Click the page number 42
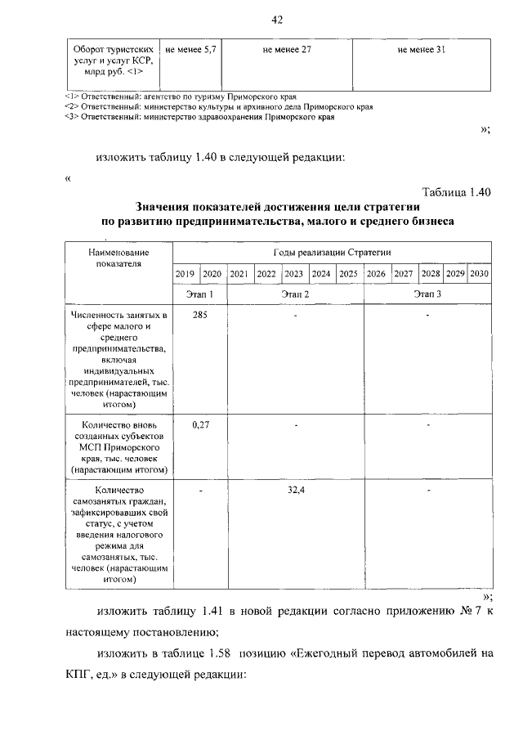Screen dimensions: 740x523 point(277,20)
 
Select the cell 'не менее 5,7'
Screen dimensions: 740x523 point(190,51)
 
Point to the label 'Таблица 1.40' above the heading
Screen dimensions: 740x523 point(455,193)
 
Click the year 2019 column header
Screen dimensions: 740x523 point(186,274)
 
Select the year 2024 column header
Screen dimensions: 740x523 point(321,274)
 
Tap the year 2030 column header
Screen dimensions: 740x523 point(480,274)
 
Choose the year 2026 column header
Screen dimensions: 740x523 point(377,274)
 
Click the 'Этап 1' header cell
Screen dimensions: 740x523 point(199,294)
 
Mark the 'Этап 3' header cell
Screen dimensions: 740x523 point(427,294)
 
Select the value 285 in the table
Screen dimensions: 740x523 point(199,315)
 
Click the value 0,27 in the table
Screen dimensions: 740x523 point(199,424)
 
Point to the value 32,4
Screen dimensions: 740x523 point(296,490)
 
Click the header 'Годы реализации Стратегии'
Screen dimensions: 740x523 point(330,253)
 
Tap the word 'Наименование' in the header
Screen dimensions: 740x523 point(118,253)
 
